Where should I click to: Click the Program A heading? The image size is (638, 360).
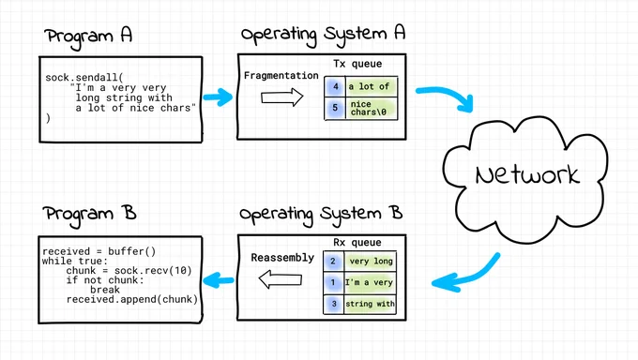click(88, 37)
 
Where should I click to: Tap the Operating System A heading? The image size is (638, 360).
click(323, 35)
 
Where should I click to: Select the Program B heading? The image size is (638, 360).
click(89, 215)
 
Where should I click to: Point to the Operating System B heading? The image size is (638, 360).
click(321, 215)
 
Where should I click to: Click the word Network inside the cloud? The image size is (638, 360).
click(527, 175)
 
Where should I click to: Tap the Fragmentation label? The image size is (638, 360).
click(281, 76)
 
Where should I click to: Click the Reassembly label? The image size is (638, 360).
click(282, 258)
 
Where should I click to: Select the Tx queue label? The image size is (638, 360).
click(357, 64)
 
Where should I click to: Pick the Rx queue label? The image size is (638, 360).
click(357, 243)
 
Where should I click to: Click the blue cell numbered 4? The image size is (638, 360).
click(335, 86)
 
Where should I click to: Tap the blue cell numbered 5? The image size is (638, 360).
click(335, 108)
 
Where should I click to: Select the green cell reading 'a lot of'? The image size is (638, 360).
click(372, 86)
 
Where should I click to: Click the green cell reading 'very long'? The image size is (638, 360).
click(371, 262)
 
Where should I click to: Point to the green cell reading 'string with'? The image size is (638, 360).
click(370, 304)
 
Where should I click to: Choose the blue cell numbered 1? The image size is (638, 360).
click(333, 282)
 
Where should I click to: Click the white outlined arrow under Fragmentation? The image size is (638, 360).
click(282, 97)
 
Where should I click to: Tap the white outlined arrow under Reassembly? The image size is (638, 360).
click(280, 280)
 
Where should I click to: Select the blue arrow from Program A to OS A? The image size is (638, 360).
click(218, 97)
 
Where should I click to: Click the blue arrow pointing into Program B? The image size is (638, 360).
click(218, 280)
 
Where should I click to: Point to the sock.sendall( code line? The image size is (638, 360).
click(84, 77)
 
